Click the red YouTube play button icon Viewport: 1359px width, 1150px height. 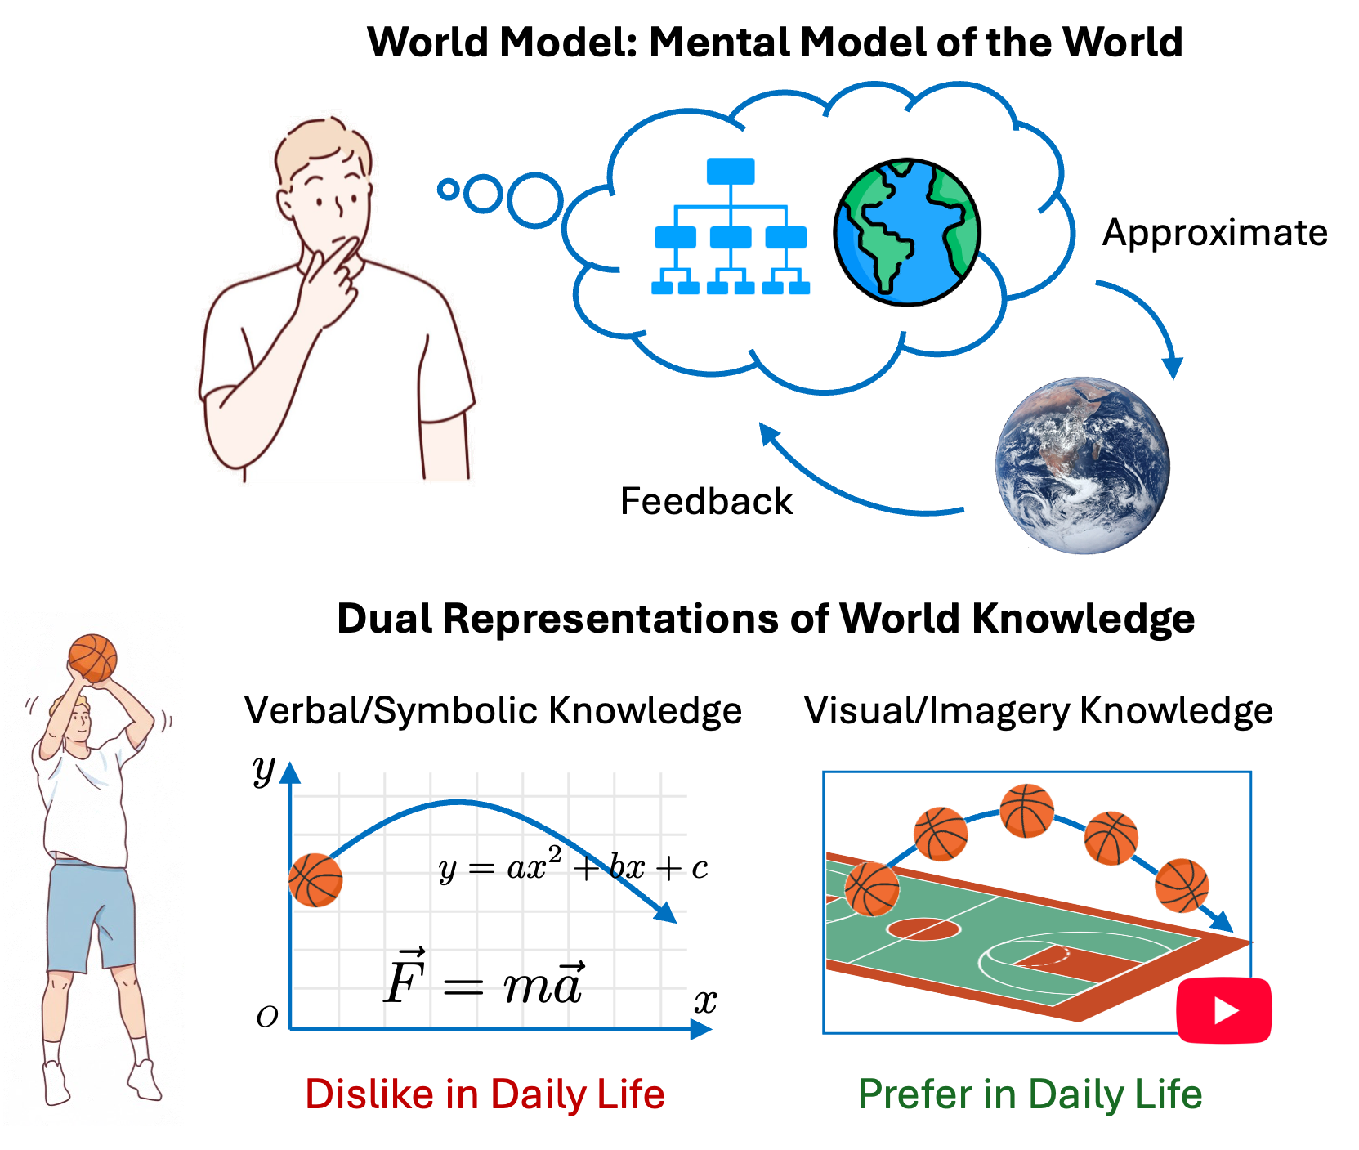(x=1223, y=1011)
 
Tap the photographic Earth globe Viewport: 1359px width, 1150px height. (x=1082, y=465)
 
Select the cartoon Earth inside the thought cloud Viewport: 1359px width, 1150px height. (x=907, y=232)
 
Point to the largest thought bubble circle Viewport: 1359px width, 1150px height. (x=535, y=200)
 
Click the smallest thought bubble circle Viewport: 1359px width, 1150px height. (x=448, y=190)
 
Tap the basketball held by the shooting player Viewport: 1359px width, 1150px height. (x=92, y=658)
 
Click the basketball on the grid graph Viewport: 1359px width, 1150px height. (x=315, y=880)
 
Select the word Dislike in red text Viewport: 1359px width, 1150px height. (x=368, y=1094)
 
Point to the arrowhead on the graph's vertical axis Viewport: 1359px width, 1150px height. (x=290, y=772)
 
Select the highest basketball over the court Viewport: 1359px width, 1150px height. (x=1026, y=811)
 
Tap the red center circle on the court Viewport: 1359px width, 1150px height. (x=923, y=929)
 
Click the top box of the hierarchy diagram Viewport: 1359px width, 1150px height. (x=731, y=172)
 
